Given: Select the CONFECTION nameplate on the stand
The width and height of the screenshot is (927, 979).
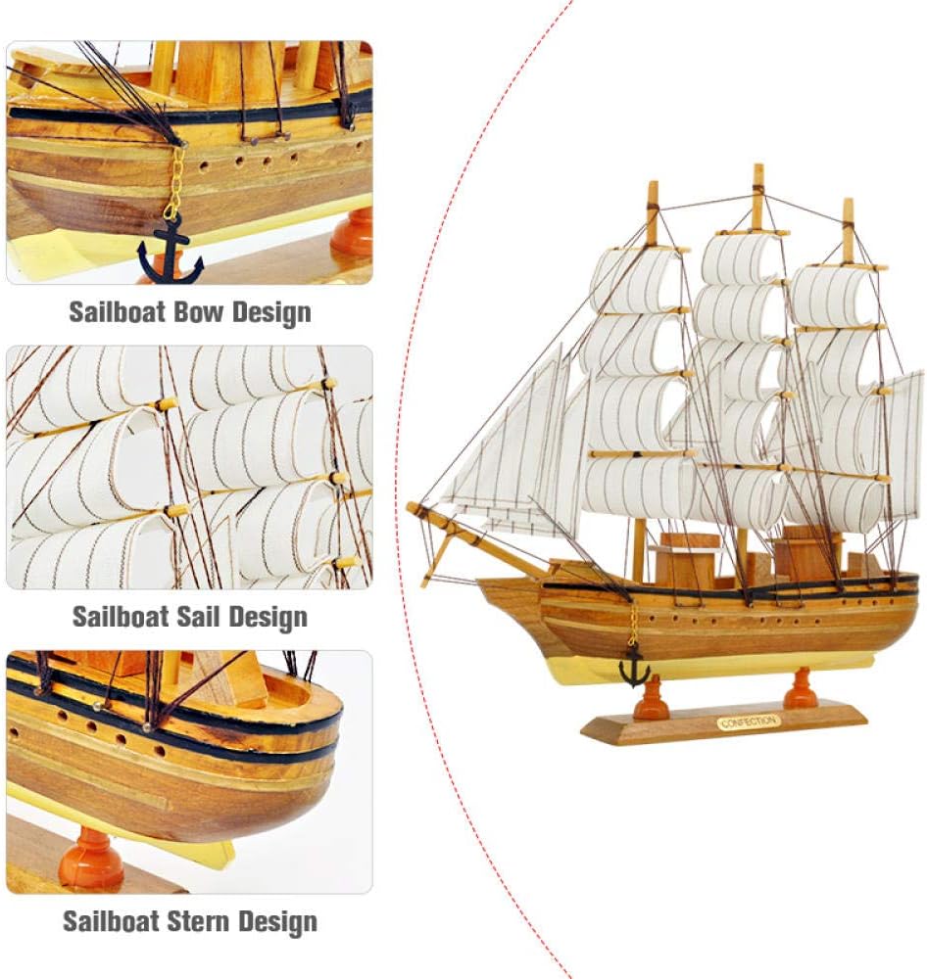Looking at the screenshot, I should pos(749,723).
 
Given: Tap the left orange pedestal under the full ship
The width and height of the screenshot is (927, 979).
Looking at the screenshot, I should pos(651,701).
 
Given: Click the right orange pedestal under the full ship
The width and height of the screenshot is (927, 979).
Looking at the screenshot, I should pos(801,690).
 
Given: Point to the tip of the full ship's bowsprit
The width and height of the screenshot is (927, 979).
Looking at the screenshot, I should pos(412,508).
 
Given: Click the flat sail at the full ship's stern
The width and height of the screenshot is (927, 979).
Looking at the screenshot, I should pos(903,441).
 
